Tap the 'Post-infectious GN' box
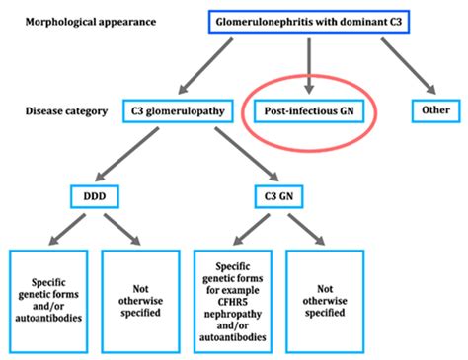tap(309, 110)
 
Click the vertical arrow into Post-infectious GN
tap(308, 64)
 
